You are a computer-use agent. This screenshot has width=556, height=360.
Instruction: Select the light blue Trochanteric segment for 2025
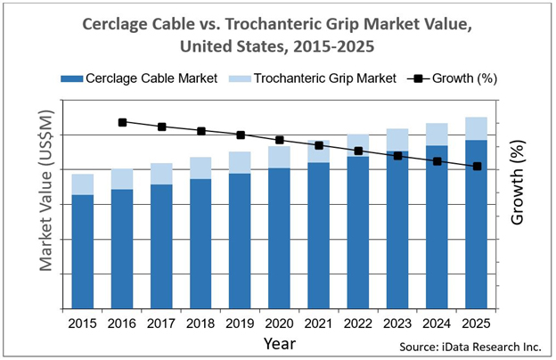tap(476, 128)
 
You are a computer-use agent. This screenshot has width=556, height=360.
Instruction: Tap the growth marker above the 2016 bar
tap(122, 122)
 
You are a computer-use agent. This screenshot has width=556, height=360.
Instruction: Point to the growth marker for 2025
tap(477, 167)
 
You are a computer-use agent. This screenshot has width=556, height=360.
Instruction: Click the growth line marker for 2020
tap(280, 140)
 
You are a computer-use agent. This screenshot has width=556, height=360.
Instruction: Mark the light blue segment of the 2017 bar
tap(161, 174)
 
